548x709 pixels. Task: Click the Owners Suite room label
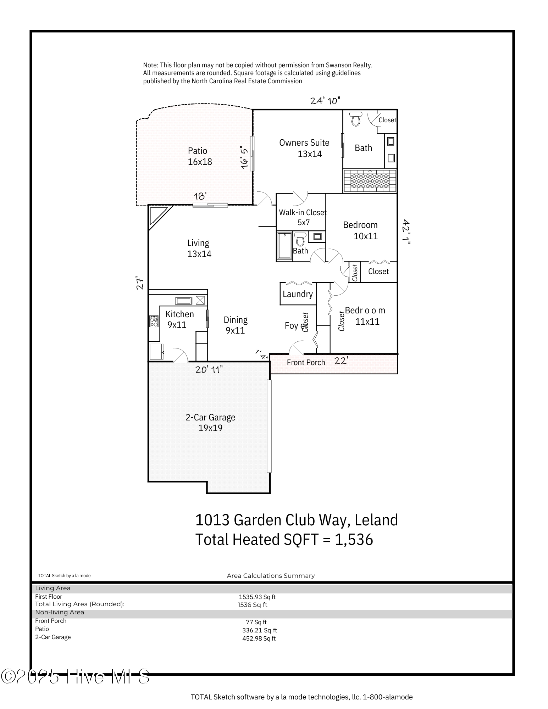coord(304,148)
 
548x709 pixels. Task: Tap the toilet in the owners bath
coord(356,119)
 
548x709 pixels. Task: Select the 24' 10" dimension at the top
coord(325,101)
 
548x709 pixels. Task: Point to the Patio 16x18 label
coord(199,156)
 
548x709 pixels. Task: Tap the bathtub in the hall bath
coord(284,246)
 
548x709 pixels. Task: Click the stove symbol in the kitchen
coord(154,321)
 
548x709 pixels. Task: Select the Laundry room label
coord(298,294)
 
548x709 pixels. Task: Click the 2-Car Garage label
coord(210,422)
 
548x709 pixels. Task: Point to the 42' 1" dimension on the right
coord(406,232)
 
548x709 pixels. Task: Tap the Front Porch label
coord(306,362)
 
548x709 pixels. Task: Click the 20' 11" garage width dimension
coord(209,369)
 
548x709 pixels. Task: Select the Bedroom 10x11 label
coord(360,230)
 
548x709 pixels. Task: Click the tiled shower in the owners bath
coord(370,181)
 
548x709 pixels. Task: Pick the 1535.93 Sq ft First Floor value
coord(257,597)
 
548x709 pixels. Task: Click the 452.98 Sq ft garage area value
coord(259,638)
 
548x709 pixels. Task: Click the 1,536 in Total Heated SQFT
coord(354,540)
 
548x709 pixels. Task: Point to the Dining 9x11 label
coord(235,325)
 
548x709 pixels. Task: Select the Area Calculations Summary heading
coord(271,576)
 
